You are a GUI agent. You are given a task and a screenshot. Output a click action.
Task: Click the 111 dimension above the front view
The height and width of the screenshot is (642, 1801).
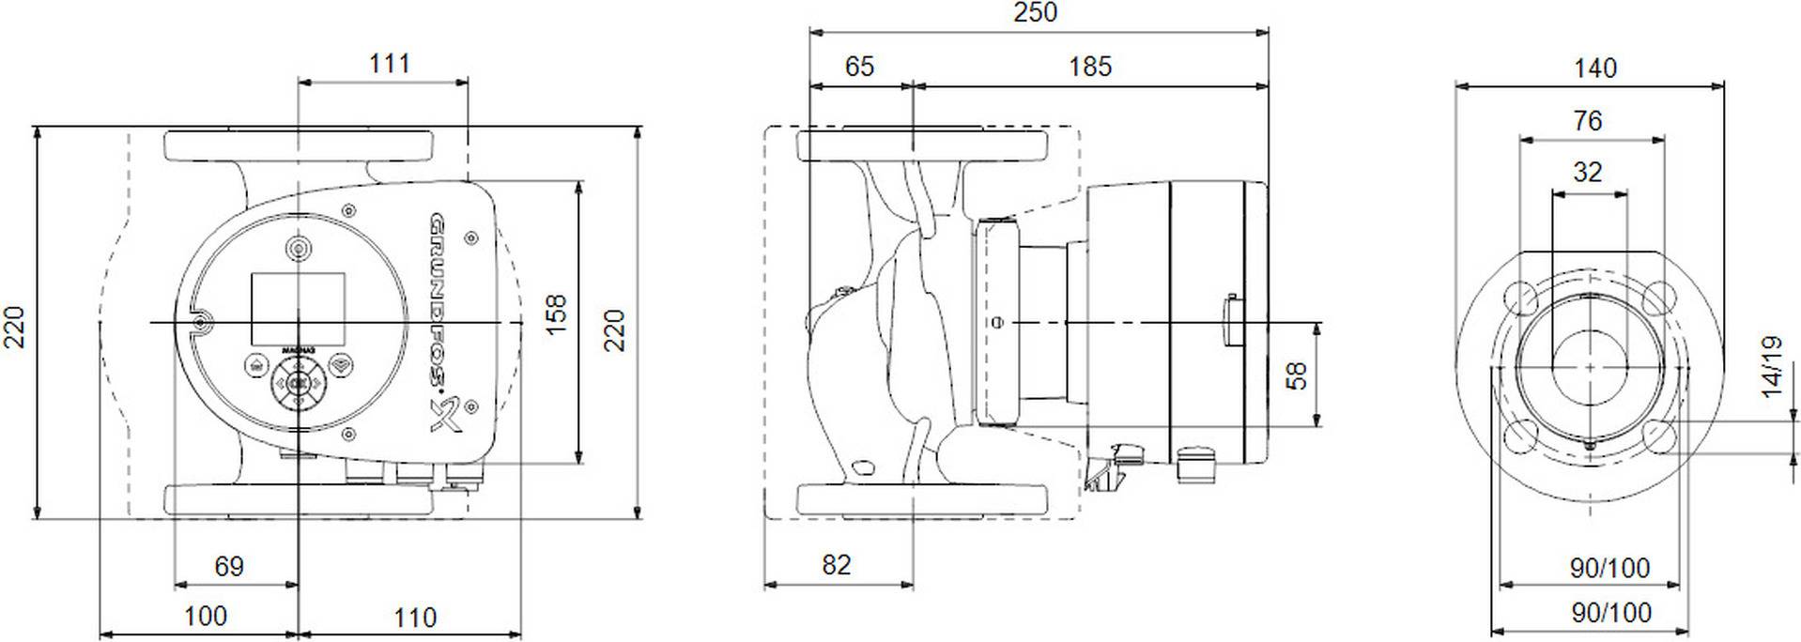pyautogui.click(x=389, y=63)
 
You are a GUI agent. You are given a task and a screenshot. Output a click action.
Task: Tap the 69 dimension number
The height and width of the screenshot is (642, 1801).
pyautogui.click(x=228, y=566)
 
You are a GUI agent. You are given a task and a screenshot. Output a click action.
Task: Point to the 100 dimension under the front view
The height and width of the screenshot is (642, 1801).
pyautogui.click(x=205, y=617)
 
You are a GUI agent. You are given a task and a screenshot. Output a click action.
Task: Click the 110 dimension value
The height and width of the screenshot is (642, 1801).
pyautogui.click(x=414, y=618)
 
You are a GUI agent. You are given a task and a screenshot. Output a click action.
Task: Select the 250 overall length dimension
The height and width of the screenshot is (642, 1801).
pyautogui.click(x=1035, y=12)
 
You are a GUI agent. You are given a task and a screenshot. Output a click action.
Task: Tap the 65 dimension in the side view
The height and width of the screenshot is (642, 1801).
pyautogui.click(x=858, y=67)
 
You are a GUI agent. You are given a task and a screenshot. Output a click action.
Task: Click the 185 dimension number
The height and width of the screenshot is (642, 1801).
pyautogui.click(x=1089, y=67)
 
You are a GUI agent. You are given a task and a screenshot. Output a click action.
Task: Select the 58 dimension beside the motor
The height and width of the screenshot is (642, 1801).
pyautogui.click(x=1296, y=375)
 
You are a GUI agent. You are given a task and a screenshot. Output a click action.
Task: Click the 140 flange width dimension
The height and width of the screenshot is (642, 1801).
pyautogui.click(x=1594, y=68)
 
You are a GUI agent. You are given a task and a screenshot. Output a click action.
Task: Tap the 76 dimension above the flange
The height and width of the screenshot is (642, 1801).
pyautogui.click(x=1587, y=121)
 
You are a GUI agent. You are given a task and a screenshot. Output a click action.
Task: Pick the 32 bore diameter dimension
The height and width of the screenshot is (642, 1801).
pyautogui.click(x=1587, y=173)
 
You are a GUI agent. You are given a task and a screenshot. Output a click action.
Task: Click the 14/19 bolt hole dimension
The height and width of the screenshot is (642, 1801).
pyautogui.click(x=1771, y=366)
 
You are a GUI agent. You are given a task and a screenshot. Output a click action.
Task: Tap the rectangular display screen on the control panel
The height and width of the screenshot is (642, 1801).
pyautogui.click(x=298, y=308)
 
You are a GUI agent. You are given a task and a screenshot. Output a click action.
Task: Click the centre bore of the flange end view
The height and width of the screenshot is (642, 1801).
pyautogui.click(x=1590, y=366)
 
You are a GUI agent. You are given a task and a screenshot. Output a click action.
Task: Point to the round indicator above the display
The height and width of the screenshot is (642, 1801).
pyautogui.click(x=299, y=249)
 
